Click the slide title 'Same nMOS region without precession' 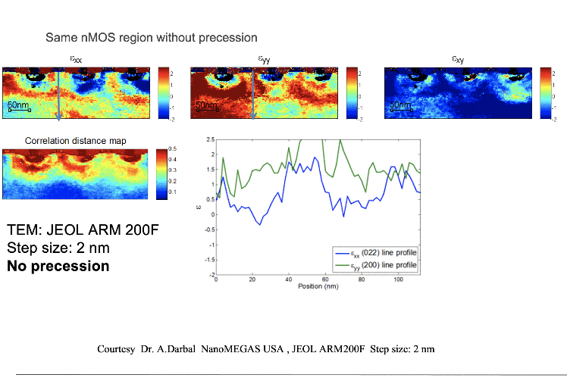click(x=151, y=37)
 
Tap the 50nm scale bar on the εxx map click(x=20, y=107)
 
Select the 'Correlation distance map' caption click(x=76, y=141)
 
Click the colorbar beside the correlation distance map click(x=161, y=173)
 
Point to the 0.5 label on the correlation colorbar click(x=174, y=148)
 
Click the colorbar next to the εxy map click(x=546, y=92)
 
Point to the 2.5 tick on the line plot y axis click(x=209, y=139)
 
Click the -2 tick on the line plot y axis click(x=208, y=274)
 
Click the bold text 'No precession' click(x=58, y=266)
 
